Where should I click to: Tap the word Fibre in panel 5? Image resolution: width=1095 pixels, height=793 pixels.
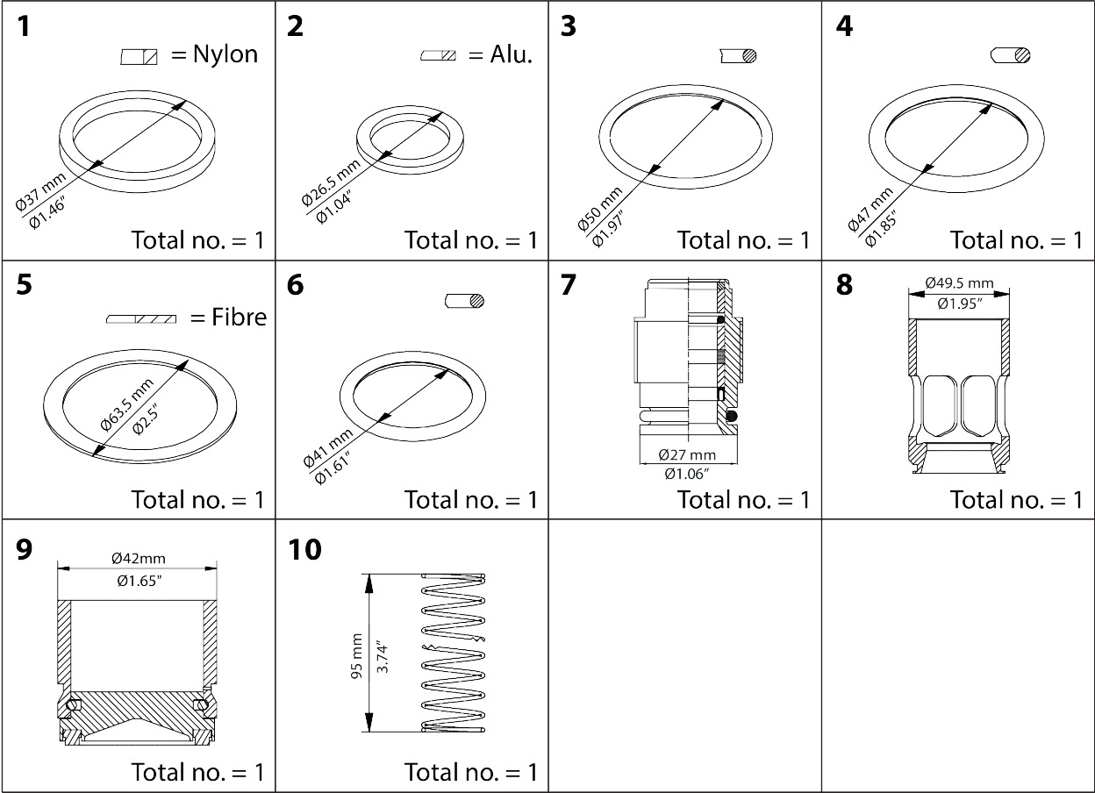(239, 317)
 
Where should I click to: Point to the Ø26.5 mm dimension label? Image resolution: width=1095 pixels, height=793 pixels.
(330, 183)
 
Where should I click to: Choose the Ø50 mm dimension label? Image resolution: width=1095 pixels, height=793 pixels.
(599, 209)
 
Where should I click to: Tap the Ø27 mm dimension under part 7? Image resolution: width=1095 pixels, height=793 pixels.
(687, 455)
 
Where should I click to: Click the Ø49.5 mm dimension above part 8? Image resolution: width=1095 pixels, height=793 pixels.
(959, 283)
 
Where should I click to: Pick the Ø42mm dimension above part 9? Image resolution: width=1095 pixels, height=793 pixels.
(138, 558)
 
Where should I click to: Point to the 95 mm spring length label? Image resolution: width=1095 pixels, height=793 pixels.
(355, 654)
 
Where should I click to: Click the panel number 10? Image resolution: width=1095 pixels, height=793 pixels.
(304, 550)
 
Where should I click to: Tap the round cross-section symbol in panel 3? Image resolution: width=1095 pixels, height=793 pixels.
(748, 55)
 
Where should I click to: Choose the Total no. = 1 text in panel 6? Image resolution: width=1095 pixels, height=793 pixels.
(470, 499)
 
